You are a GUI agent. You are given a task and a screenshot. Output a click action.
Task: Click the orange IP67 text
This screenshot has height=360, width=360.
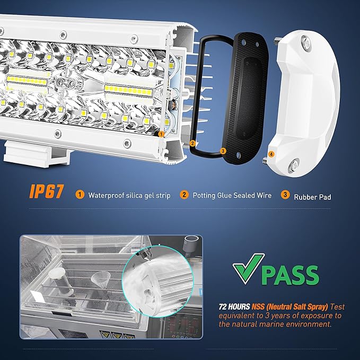coord(46,191)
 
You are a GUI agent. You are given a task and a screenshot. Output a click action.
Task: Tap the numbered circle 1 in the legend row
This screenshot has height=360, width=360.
coord(80,195)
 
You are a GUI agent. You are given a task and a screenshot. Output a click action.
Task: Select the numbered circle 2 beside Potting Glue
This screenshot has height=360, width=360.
coord(184,195)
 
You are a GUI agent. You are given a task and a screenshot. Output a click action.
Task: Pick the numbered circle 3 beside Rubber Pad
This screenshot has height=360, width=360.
coord(285,195)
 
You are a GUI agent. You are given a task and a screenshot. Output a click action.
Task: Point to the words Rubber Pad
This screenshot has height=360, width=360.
coord(312,197)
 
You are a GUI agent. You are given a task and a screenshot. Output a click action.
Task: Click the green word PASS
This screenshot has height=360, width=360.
coord(290,275)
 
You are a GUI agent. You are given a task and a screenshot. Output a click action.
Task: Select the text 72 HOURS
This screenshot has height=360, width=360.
coord(234,307)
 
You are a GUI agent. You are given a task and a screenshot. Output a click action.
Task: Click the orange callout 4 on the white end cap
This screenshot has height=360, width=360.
coord(271,154)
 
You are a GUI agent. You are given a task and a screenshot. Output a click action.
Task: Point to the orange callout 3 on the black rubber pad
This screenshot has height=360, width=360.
coord(223,151)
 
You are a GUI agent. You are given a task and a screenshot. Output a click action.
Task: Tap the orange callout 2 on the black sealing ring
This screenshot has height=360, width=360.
coord(192,144)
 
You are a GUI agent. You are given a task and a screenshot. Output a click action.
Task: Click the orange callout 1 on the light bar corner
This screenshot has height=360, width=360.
coord(161,134)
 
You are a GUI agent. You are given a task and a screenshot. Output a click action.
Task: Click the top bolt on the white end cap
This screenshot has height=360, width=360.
coord(306,42)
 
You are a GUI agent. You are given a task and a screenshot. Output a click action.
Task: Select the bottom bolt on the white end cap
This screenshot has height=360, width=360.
coord(293,164)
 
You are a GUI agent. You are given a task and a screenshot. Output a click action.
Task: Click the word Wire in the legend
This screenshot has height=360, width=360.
coord(264,196)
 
